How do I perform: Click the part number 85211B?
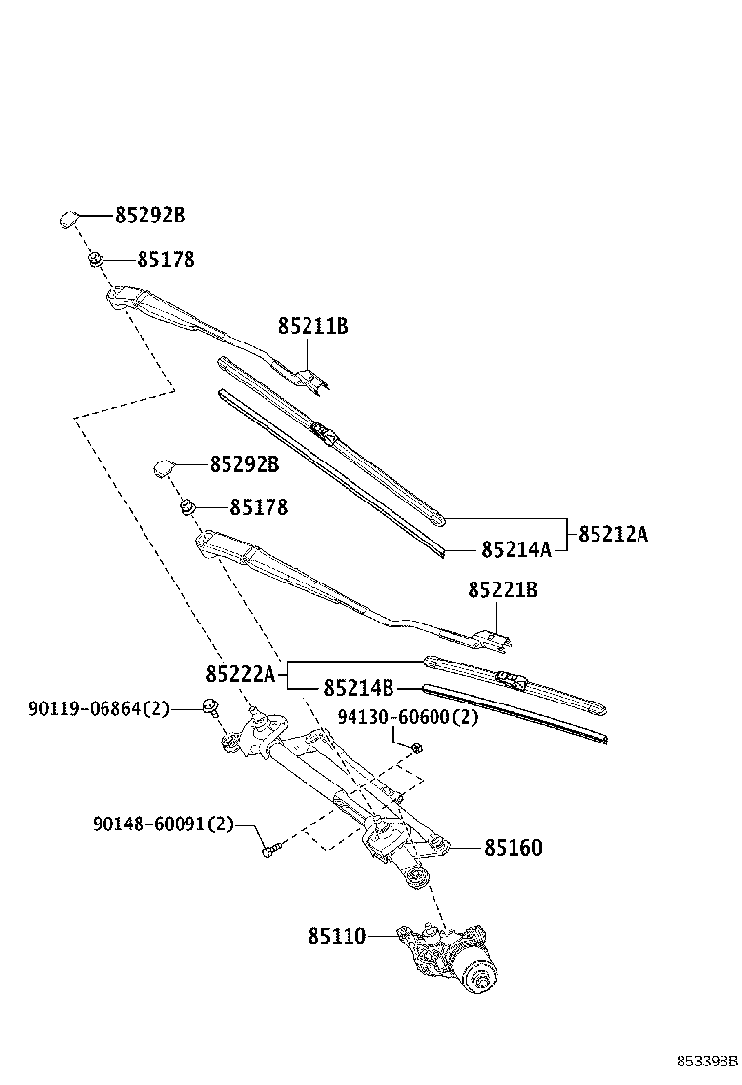pyautogui.click(x=312, y=325)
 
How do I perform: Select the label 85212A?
pyautogui.click(x=613, y=534)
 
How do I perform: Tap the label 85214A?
pyautogui.click(x=516, y=549)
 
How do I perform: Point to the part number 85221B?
pyautogui.click(x=503, y=590)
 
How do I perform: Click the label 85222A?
pyautogui.click(x=240, y=673)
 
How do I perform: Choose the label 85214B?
pyautogui.click(x=358, y=688)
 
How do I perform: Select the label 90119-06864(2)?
pyautogui.click(x=99, y=708)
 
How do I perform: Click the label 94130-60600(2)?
pyautogui.click(x=408, y=717)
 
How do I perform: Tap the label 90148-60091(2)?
pyautogui.click(x=164, y=824)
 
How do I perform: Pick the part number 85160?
pyautogui.click(x=513, y=848)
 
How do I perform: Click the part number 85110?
pyautogui.click(x=337, y=936)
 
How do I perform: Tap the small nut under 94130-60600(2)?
pyautogui.click(x=416, y=747)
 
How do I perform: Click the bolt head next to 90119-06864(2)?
pyautogui.click(x=210, y=705)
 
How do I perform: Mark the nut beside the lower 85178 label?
pyautogui.click(x=186, y=507)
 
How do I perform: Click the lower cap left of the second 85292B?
pyautogui.click(x=164, y=467)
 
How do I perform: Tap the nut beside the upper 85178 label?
pyautogui.click(x=96, y=261)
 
